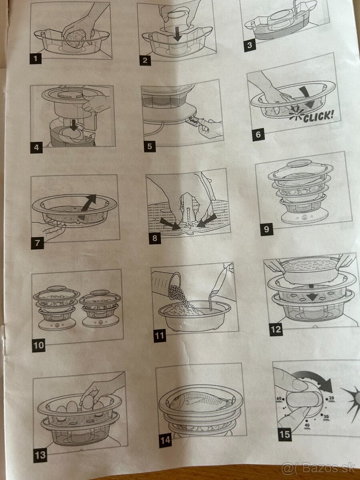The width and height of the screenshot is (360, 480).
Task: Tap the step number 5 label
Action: [x=150, y=146]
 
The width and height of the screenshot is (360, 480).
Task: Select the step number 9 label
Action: [x=266, y=229]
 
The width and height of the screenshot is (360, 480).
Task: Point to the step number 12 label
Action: [x=276, y=329]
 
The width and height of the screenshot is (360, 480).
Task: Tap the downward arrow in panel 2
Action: [x=178, y=36]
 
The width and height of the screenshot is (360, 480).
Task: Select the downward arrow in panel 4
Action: [x=74, y=125]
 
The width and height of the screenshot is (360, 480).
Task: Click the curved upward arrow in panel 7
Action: [x=88, y=207]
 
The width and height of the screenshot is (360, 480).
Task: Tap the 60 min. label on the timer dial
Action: [x=279, y=400]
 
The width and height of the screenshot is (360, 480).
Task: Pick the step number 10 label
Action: [x=39, y=345]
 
